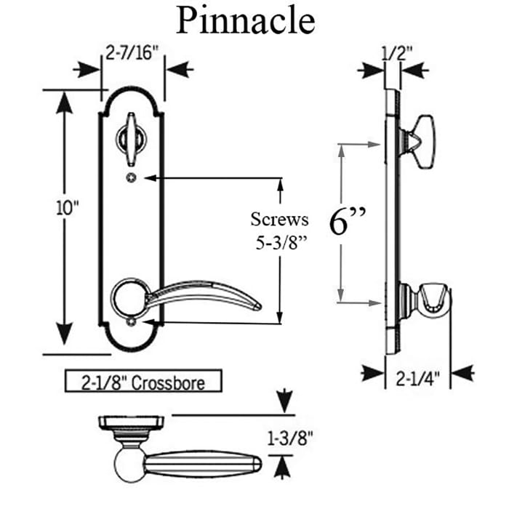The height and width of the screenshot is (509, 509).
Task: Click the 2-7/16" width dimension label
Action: pos(131,52)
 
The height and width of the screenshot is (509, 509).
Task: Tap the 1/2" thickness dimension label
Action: pos(397,52)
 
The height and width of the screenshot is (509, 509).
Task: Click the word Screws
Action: pos(279,219)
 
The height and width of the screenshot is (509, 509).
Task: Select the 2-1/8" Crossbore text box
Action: pos(143,381)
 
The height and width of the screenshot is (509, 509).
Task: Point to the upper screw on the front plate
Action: pos(131,177)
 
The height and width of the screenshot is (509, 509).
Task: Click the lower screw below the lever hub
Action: pos(131,321)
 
